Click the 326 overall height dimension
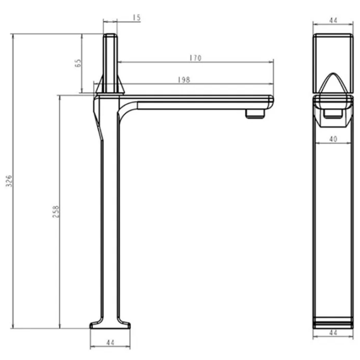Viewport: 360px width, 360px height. (9, 181)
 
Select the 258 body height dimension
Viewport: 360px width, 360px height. (56, 211)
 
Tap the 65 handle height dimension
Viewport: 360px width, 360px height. (78, 63)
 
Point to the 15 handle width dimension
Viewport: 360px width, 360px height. (137, 17)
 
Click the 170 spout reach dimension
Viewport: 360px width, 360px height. (196, 58)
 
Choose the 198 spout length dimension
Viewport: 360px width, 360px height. (184, 80)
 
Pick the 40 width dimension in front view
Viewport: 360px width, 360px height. (333, 139)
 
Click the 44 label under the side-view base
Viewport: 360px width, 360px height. (110, 343)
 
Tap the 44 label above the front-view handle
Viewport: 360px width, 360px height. (333, 20)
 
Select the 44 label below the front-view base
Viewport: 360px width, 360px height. (333, 332)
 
